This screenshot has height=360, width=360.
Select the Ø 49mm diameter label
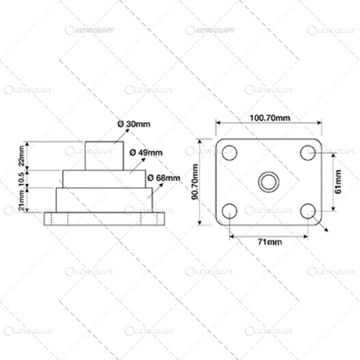click(146, 151)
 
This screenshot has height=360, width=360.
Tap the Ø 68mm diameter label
click(164, 177)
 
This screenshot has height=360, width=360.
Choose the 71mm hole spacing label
click(269, 240)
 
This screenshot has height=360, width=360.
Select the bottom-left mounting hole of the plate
click(230, 212)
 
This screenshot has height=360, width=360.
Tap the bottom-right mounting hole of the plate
click(307, 212)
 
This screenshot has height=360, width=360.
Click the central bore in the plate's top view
click(269, 182)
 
